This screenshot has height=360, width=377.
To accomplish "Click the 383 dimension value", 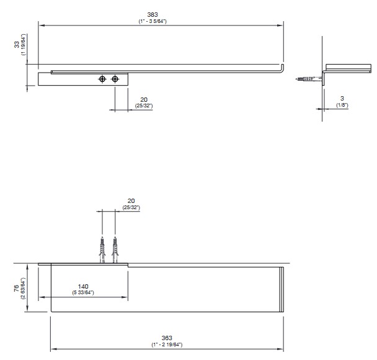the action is click(x=153, y=15).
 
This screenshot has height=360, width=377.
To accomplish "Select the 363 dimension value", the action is click(x=167, y=338).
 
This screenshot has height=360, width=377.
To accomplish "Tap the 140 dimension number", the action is click(x=83, y=286).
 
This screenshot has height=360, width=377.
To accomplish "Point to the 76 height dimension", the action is click(x=16, y=288).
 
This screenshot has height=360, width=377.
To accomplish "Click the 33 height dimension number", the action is click(x=17, y=45).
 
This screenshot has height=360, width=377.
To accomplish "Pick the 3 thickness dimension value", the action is click(x=342, y=99).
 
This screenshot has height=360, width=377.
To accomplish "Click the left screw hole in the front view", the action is click(x=102, y=79).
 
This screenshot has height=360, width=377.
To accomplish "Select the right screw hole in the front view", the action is click(x=115, y=79).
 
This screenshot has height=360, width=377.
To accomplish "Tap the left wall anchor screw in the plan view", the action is click(x=102, y=250).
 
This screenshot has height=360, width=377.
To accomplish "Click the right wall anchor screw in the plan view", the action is click(x=115, y=250).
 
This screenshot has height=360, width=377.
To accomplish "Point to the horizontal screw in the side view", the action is click(x=308, y=78).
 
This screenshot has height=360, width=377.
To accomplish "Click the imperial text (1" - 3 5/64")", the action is click(x=153, y=21).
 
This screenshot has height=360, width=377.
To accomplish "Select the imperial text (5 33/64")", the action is click(x=83, y=292).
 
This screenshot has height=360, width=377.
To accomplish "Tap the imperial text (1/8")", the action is click(x=342, y=105).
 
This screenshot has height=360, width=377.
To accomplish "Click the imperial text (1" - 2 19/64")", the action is click(x=167, y=344).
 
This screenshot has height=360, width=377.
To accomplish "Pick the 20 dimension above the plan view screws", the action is click(x=131, y=200).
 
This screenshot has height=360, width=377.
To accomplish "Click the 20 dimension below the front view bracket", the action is click(x=144, y=99).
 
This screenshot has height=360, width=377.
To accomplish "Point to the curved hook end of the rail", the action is click(x=282, y=68).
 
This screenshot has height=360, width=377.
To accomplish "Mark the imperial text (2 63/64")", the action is click(x=23, y=288).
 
